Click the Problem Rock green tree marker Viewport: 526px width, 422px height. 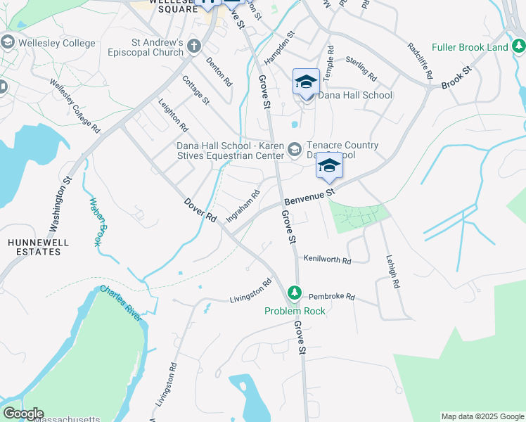click(x=295, y=292)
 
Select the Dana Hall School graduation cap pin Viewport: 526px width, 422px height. click(x=307, y=82)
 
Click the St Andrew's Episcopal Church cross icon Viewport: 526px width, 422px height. click(x=195, y=47)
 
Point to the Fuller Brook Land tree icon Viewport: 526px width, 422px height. click(x=518, y=46)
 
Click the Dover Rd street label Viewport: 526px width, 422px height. click(x=200, y=210)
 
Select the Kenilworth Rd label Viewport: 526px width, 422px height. click(x=327, y=260)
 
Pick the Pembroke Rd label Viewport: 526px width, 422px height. click(x=331, y=297)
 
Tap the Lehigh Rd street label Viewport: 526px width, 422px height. click(x=391, y=271)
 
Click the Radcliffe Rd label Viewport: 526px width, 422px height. click(x=421, y=60)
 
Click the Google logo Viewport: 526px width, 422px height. click(x=23, y=414)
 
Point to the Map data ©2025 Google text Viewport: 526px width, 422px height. click(x=482, y=416)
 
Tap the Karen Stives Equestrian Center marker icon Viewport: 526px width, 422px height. click(x=295, y=149)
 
